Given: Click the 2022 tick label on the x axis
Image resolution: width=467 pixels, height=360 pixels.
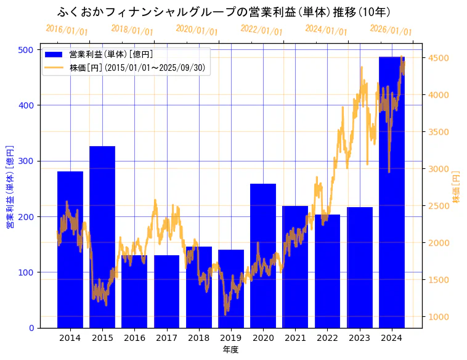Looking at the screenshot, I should tap(327, 338).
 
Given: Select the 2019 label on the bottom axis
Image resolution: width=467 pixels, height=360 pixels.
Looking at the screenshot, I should tap(231, 338).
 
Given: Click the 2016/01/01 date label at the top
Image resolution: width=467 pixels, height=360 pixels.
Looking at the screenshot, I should tap(67, 30).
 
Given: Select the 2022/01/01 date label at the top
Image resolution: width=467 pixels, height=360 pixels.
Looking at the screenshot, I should tap(261, 30).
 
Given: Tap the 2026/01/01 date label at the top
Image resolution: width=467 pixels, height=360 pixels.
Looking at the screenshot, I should tap(391, 30).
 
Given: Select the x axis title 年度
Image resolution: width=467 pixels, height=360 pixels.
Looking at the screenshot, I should tap(230, 350).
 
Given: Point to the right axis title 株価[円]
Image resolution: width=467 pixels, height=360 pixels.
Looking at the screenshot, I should tap(457, 187).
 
